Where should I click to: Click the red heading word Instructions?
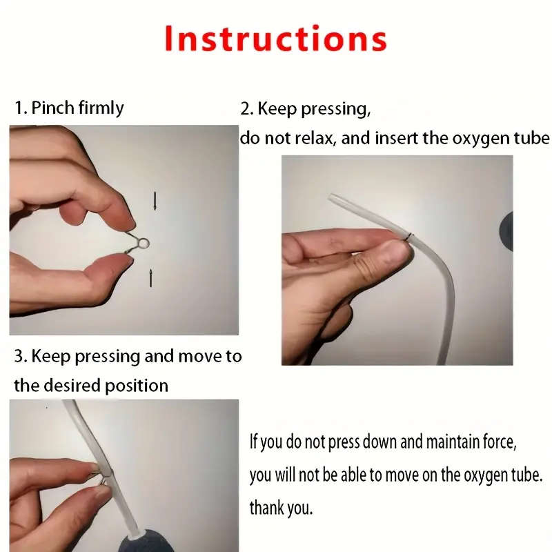[275, 39]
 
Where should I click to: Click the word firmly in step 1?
[101, 108]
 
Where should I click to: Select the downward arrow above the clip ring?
[155, 201]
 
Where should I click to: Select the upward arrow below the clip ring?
[151, 278]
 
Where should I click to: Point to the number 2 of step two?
[245, 109]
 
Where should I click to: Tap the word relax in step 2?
[313, 139]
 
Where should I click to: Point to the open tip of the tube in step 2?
[331, 197]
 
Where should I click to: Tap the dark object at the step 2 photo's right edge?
[507, 231]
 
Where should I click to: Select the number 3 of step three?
[19, 356]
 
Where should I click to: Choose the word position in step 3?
[137, 386]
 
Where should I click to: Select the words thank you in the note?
[281, 508]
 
